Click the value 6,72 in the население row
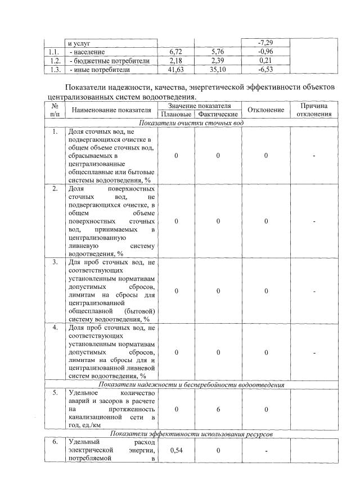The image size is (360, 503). click(177, 52)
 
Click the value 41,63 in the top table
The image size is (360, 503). click(177, 70)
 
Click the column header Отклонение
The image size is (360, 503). click(265, 110)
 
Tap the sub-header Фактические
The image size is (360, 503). click(217, 114)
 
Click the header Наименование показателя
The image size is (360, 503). click(111, 110)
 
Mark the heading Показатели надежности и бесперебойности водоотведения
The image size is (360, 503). click(191, 384)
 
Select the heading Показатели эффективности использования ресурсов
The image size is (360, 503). click(191, 434)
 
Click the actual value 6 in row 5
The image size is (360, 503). click(217, 410)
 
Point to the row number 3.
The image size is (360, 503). click(55, 262)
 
